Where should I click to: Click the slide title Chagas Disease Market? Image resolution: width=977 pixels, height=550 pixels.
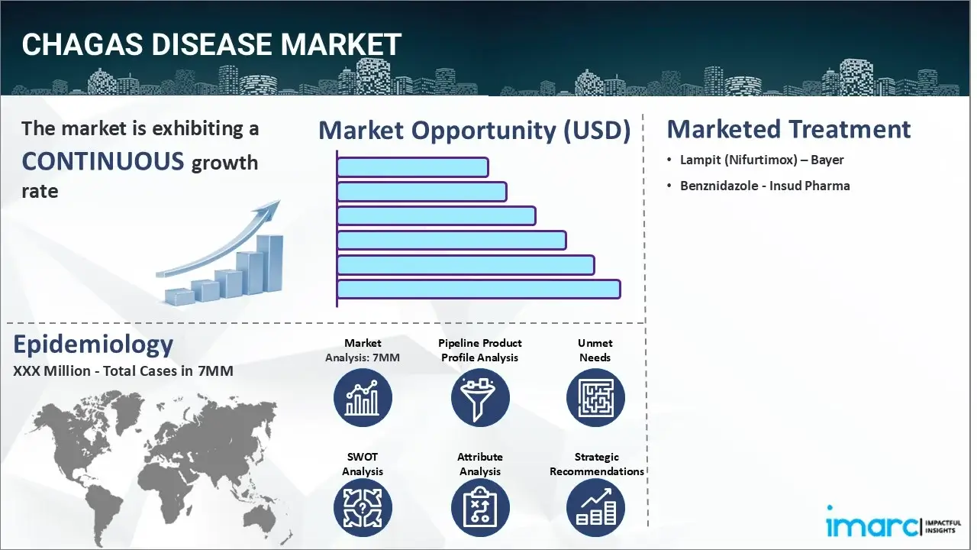coord(211,45)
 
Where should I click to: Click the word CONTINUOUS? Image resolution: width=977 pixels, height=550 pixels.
coord(103,161)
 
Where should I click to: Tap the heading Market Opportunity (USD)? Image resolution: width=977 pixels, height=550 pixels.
coord(474,131)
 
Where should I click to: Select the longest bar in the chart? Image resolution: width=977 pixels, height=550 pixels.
coord(478,289)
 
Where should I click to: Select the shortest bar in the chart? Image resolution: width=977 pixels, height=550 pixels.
coord(412,167)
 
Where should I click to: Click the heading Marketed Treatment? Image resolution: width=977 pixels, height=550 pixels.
coord(788,129)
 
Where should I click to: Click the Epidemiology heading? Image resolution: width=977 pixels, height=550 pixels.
coord(93,345)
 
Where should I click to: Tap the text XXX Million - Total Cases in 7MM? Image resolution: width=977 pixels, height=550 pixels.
coord(124,371)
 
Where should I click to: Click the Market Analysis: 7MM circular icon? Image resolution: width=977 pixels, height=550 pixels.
coord(363,398)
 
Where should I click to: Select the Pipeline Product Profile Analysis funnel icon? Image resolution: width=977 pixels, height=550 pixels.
coord(479,398)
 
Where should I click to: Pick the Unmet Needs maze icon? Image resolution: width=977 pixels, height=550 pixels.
coord(595,398)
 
